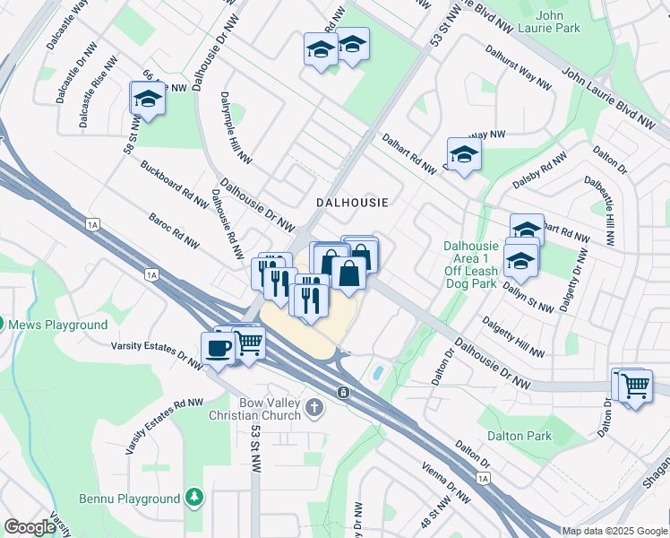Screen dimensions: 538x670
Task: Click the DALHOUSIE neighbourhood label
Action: [352, 203]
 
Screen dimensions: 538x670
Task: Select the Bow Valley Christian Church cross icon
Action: [314, 408]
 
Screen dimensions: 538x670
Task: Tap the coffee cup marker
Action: [217, 347]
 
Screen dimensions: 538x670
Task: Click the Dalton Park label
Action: [520, 436]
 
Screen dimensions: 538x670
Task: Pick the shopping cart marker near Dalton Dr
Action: [635, 386]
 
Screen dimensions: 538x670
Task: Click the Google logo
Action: [30, 527]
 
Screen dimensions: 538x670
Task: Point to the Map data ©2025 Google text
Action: [614, 531]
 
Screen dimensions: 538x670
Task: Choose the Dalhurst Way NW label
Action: [518, 68]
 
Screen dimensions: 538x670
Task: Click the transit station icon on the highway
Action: [343, 393]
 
